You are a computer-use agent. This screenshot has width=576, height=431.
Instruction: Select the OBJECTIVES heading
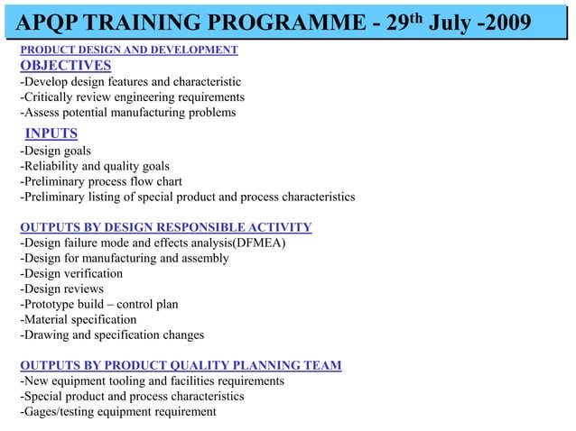[x=66, y=65]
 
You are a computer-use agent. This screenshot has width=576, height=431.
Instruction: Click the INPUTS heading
[x=51, y=134]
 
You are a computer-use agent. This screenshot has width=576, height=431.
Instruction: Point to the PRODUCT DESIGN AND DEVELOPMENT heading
[x=129, y=50]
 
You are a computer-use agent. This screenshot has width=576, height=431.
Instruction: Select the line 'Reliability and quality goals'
[x=95, y=166]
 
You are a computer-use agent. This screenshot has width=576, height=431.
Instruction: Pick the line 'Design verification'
[x=71, y=273]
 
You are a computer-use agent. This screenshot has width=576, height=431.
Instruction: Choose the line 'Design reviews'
[x=61, y=289]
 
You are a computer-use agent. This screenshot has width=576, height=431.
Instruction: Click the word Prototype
[x=52, y=305]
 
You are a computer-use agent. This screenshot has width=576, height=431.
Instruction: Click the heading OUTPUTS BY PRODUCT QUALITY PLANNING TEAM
[x=181, y=365]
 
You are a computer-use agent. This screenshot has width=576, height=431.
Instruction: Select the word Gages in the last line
[x=41, y=412]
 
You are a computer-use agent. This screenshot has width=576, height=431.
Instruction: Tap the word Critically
[x=51, y=97]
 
